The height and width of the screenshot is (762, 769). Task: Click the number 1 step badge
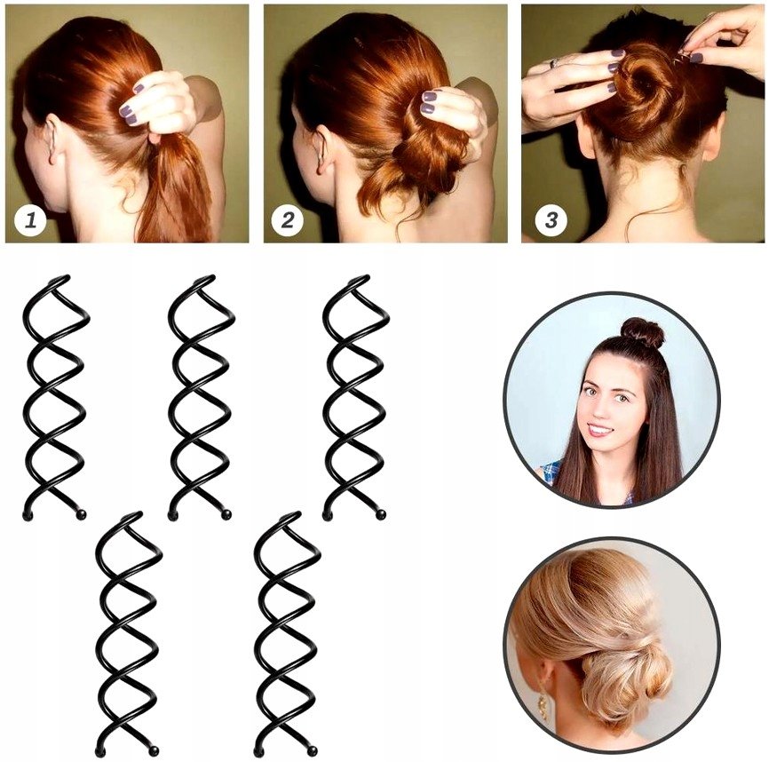coord(30,220)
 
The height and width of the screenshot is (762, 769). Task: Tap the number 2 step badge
coord(288,220)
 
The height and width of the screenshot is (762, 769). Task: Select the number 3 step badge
coord(551,220)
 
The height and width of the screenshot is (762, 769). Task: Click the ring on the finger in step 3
coord(554,63)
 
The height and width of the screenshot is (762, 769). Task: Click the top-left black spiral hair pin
coord(56,398)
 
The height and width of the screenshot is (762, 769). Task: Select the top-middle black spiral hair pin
coord(201,398)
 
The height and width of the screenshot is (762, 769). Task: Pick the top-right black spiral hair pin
coord(355,398)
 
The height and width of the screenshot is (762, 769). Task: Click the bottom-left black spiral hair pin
coord(129,634)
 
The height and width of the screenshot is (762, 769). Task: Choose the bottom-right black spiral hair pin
coord(288,634)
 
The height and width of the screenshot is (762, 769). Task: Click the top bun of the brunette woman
coord(642,332)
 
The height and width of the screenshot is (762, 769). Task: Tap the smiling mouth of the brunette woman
coord(599,430)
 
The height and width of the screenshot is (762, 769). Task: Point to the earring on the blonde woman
coord(543,706)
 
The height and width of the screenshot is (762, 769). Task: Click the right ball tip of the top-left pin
coord(82,514)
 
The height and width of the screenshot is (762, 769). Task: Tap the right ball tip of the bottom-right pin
coord(312,751)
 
